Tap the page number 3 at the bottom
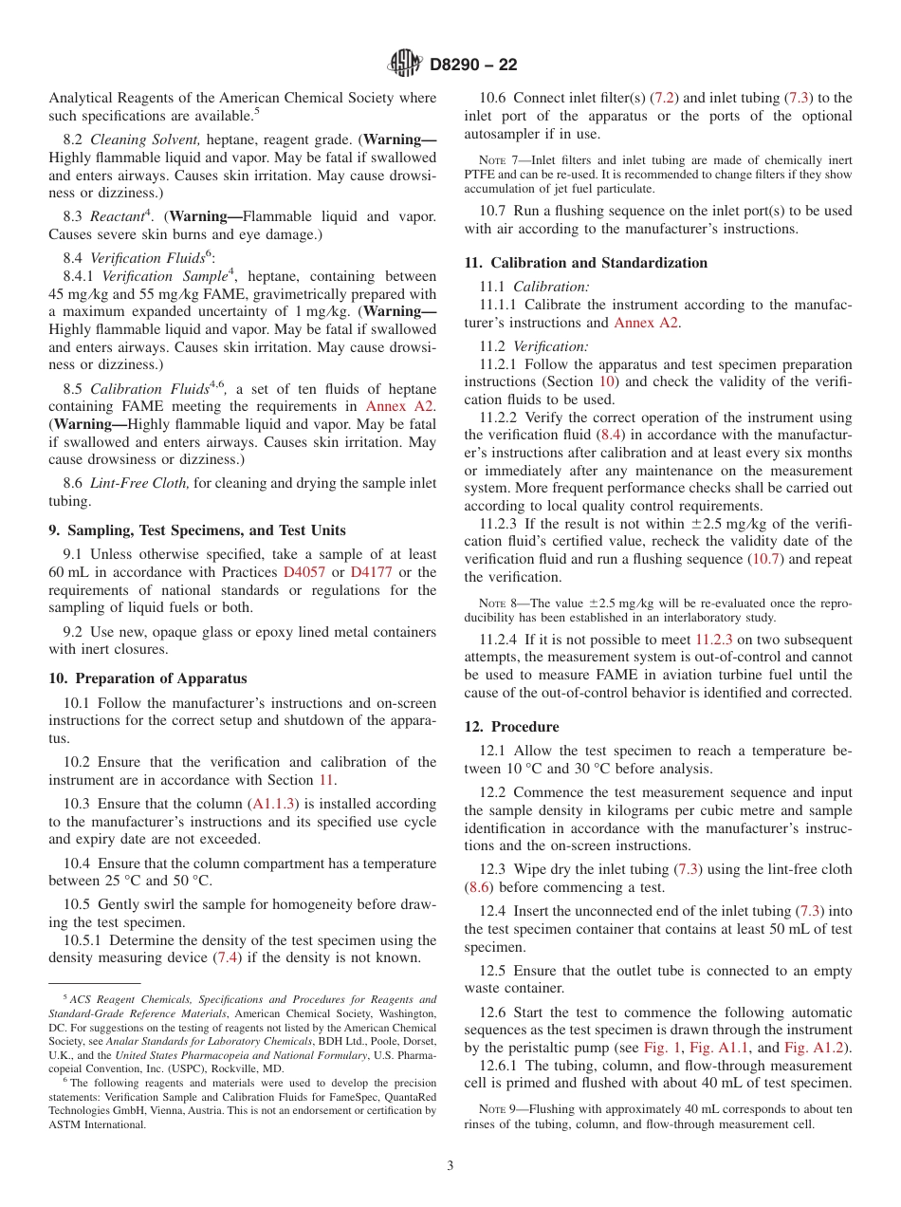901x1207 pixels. (x=450, y=1165)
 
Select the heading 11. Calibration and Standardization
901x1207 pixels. (x=585, y=263)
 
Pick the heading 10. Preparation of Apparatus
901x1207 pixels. (x=148, y=678)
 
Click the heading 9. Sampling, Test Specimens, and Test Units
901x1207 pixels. (x=197, y=530)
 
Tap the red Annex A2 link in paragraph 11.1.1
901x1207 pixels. (x=647, y=323)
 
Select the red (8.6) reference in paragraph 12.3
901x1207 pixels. (x=478, y=887)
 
